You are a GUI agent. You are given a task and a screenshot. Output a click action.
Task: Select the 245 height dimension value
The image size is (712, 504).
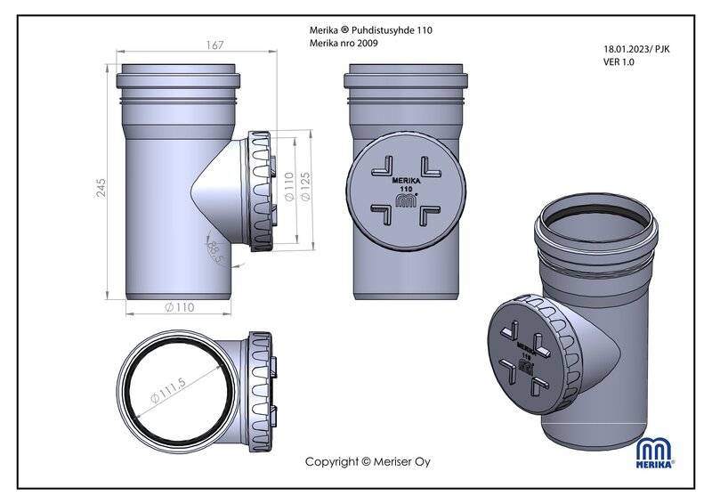click(x=101, y=187)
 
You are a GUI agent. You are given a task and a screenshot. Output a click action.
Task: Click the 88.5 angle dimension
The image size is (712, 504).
click(x=214, y=250)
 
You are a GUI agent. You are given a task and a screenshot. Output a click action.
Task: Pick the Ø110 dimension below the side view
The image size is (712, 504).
click(x=180, y=307)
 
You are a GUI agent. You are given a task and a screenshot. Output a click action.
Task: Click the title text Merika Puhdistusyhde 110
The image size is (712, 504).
click(x=371, y=29)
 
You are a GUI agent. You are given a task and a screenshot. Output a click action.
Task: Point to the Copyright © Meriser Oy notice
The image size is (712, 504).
click(x=368, y=461)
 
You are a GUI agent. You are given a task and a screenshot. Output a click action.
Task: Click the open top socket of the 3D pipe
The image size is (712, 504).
click(x=597, y=223)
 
